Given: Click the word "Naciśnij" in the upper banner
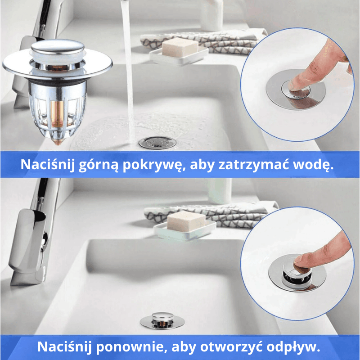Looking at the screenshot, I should click(45, 165).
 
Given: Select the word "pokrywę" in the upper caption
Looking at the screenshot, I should click(153, 165).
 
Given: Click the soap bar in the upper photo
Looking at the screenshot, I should click(180, 48).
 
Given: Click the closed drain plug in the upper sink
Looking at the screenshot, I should click(156, 142).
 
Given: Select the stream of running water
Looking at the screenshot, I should click(129, 67).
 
